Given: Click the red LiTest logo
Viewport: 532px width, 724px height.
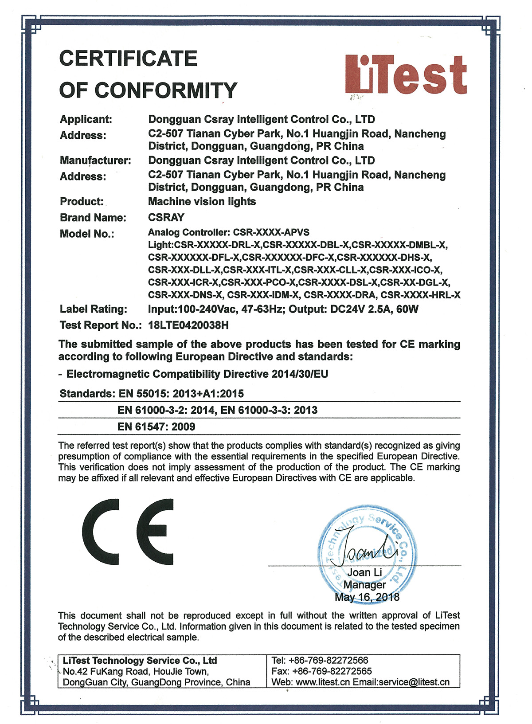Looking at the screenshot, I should tap(406, 75).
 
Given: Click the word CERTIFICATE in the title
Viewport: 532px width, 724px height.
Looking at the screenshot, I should tap(128, 59).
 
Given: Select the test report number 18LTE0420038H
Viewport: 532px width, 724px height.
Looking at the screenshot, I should tap(188, 325).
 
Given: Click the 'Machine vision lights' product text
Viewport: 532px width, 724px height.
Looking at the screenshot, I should tap(202, 202).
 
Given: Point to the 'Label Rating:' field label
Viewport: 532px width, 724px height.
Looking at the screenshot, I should tap(94, 309).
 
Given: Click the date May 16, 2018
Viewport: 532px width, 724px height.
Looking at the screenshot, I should tap(367, 598).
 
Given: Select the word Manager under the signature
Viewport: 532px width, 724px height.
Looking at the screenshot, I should tap(364, 585).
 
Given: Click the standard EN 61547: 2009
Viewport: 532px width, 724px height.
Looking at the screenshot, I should tap(156, 427).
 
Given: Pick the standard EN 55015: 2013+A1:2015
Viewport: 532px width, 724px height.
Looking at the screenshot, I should tap(181, 394).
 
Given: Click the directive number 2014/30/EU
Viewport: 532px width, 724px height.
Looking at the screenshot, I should tap(300, 374).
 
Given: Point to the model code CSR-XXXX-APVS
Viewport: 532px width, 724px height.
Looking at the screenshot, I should tap(271, 232).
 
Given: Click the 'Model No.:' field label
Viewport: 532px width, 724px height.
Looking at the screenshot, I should tap(87, 234).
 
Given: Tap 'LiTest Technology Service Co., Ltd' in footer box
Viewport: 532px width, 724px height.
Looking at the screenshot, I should tap(140, 661).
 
